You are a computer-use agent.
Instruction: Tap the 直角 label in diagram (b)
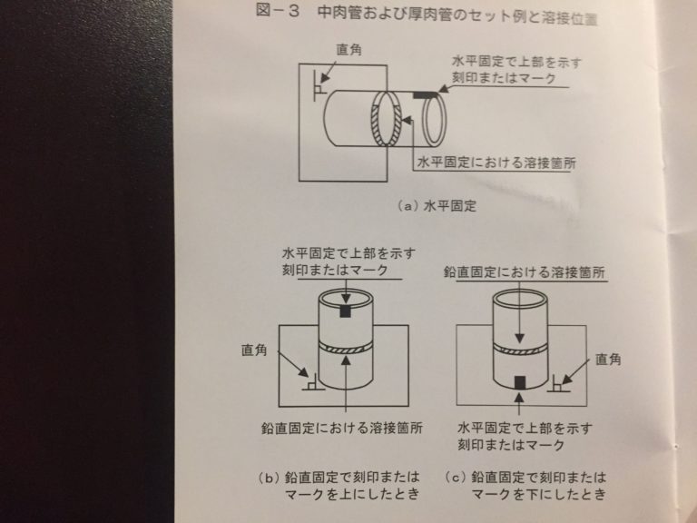pyautogui.click(x=256, y=348)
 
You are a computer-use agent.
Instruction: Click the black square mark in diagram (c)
pyautogui.click(x=519, y=380)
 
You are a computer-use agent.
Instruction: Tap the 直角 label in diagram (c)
pyautogui.click(x=609, y=360)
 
